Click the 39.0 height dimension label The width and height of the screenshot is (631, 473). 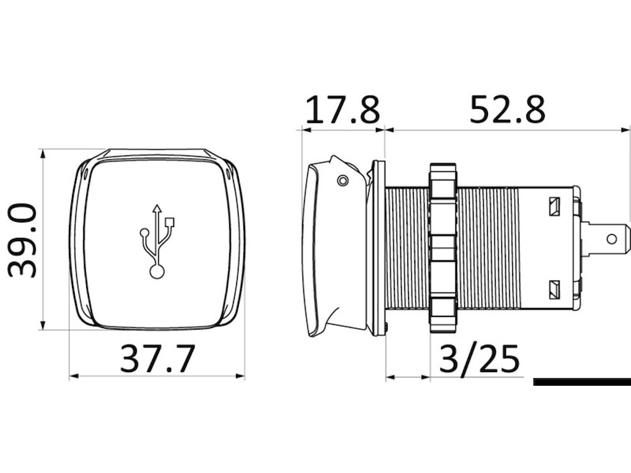pyautogui.click(x=22, y=240)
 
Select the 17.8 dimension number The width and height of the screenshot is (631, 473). pyautogui.click(x=342, y=109)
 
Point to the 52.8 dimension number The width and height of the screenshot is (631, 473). pyautogui.click(x=507, y=109)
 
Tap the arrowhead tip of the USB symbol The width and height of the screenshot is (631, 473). pyautogui.click(x=157, y=205)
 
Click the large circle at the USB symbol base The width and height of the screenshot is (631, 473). pyautogui.click(x=157, y=272)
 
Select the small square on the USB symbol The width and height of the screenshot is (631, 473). pyautogui.click(x=170, y=222)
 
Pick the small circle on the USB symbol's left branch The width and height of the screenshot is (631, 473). pyautogui.click(x=144, y=232)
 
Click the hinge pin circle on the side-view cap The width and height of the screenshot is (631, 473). pyautogui.click(x=343, y=181)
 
